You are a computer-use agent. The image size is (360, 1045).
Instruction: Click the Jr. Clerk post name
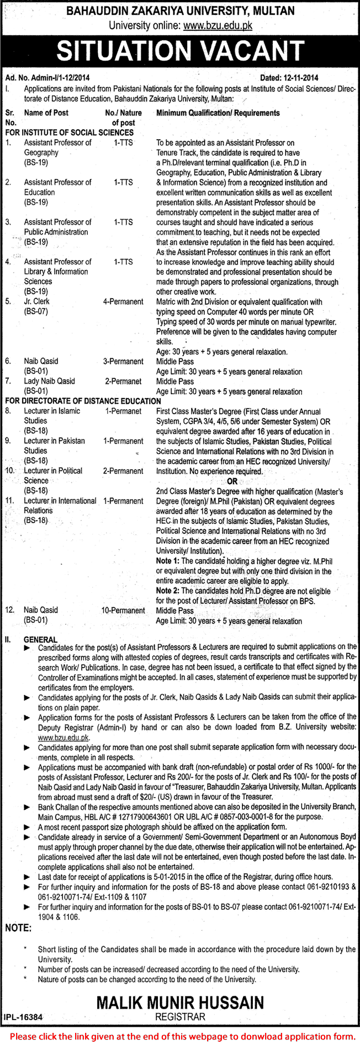tap(36, 301)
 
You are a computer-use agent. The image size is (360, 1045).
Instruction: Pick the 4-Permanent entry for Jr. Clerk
tap(123, 301)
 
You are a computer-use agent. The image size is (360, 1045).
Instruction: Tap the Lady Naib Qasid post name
tap(49, 381)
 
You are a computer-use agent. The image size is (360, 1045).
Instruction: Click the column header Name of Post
tap(46, 113)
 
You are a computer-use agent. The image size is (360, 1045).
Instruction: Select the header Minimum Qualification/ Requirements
tap(218, 113)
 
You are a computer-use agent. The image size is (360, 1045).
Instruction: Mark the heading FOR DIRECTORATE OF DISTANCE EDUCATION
tap(83, 401)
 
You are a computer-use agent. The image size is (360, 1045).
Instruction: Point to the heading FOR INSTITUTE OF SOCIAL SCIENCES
tap(70, 132)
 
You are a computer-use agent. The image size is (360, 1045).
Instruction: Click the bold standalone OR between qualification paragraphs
tap(232, 481)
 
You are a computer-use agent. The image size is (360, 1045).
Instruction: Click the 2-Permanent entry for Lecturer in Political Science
tap(123, 471)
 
